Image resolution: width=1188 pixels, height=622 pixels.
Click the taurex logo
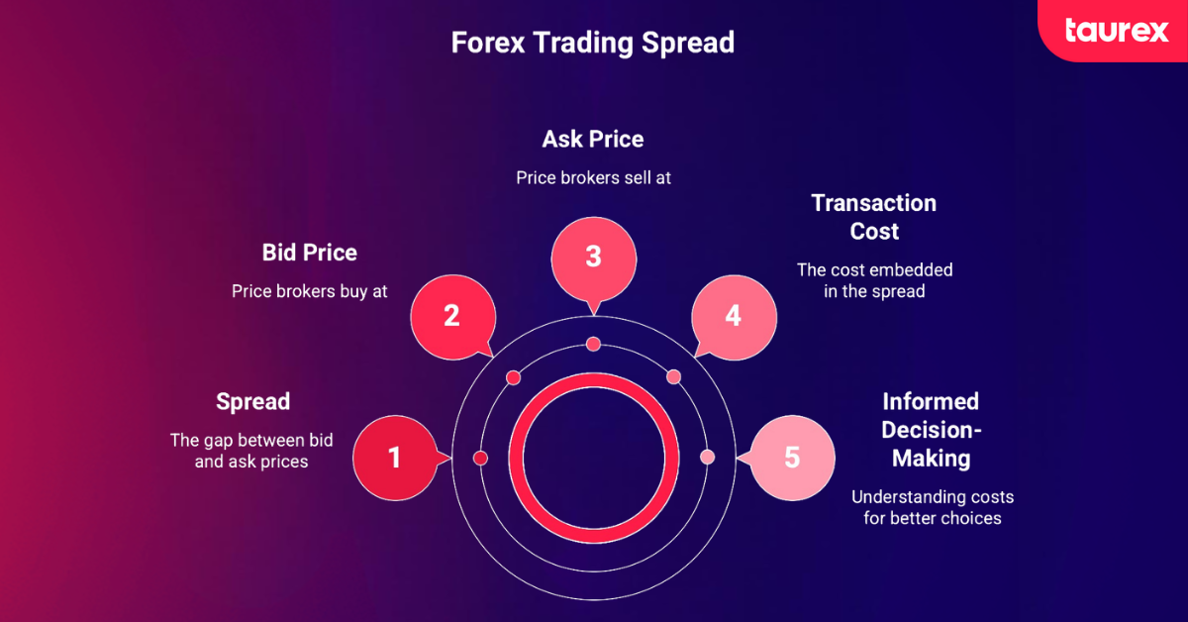pos(1117,31)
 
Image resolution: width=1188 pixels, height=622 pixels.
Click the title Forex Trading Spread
pos(593,43)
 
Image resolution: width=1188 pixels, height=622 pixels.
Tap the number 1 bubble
pos(396,458)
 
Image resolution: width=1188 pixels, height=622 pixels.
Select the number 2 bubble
pos(453,317)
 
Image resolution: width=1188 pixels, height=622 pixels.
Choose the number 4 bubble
pos(734,317)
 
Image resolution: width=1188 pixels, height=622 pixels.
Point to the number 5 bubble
pos(792,458)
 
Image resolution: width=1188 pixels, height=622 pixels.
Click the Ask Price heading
pos(593,140)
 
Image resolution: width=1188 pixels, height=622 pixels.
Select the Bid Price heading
pos(310,253)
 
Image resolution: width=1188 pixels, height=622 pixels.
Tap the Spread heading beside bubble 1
pos(253,402)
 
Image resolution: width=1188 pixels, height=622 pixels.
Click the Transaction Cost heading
pos(874,217)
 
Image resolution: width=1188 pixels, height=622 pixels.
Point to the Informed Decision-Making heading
pos(932,430)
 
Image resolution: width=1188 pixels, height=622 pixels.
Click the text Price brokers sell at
pos(593,178)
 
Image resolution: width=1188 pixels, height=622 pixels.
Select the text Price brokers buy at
pos(310,291)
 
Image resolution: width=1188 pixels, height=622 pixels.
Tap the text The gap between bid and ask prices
pos(251,451)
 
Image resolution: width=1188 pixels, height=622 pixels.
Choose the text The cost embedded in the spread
pos(874,280)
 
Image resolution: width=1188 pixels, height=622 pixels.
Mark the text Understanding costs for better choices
pos(933,507)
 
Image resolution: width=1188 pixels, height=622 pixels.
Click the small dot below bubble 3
pos(593,345)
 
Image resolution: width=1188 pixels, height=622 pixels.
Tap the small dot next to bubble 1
pos(480,458)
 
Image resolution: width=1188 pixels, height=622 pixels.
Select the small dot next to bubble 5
pos(708,457)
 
